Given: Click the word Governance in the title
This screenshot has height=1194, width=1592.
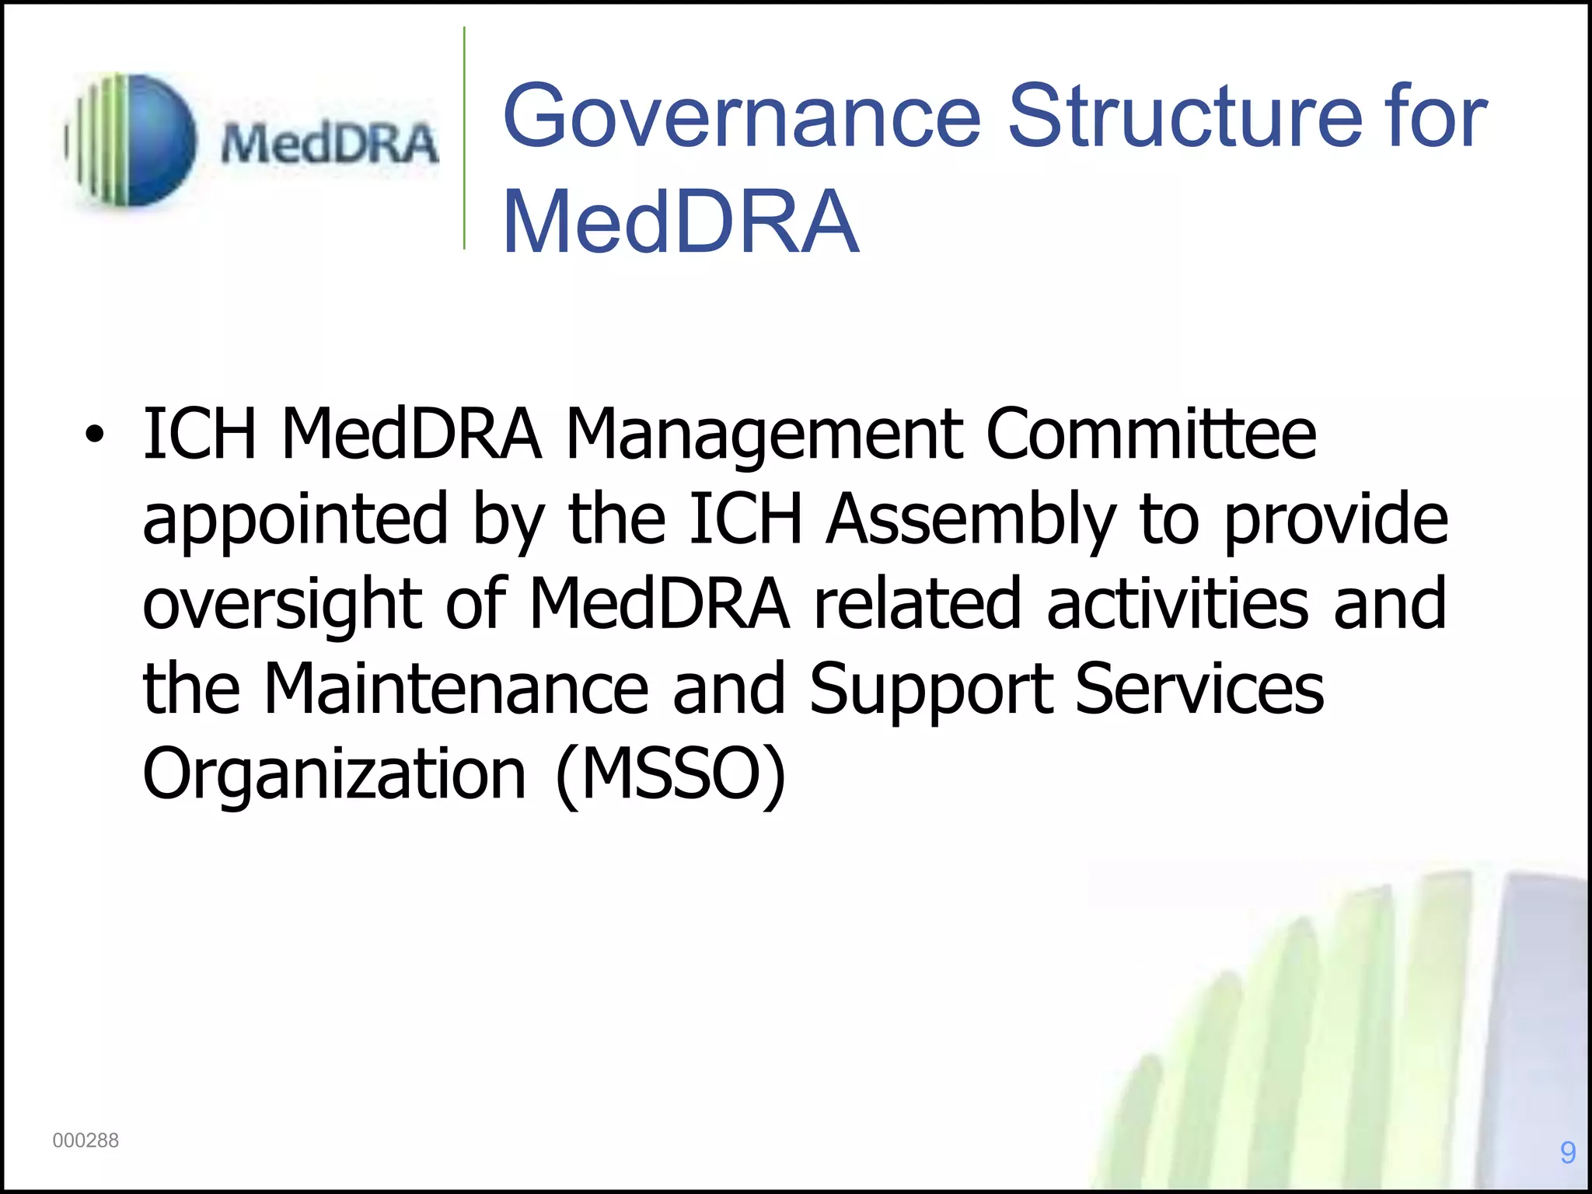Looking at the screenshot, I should [x=742, y=117].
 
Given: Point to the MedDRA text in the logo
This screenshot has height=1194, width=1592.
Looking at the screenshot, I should [x=330, y=145].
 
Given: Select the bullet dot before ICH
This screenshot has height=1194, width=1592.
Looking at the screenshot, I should [x=94, y=435].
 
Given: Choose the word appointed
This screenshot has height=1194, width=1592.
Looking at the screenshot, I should [x=295, y=521].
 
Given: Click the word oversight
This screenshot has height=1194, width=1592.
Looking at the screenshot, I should [x=282, y=606].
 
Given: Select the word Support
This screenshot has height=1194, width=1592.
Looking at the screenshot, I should [x=931, y=690].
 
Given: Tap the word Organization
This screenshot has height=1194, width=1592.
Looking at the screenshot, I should [x=335, y=776].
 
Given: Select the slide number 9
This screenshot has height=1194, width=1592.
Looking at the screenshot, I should [x=1568, y=1152].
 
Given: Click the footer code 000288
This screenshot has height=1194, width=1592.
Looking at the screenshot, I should [x=86, y=1140].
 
